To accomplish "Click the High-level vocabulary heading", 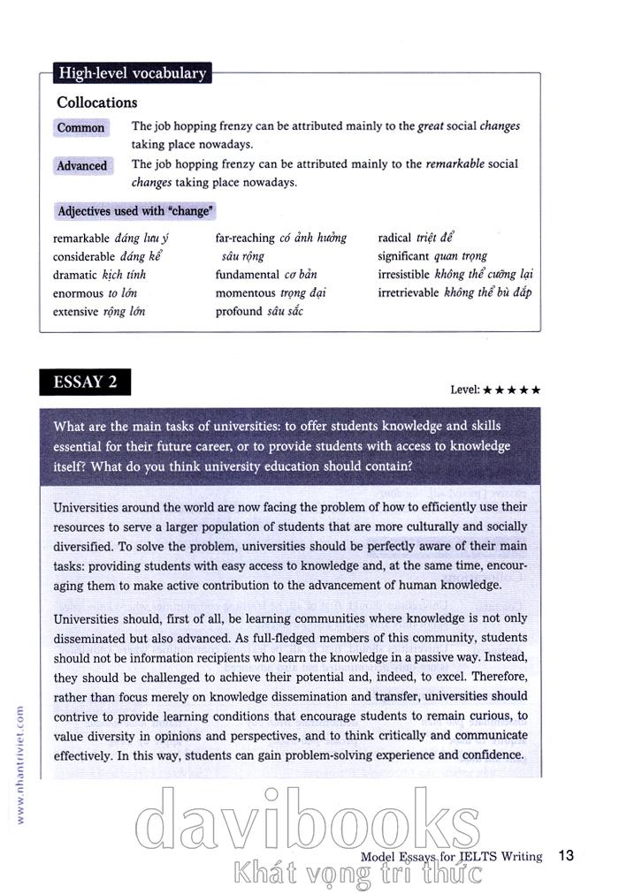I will (x=132, y=73).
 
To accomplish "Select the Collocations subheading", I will (x=97, y=102).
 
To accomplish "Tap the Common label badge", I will (x=81, y=127).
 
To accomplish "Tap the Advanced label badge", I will (x=82, y=165).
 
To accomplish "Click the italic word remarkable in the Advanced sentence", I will (x=455, y=164).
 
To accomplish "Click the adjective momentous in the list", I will (x=245, y=293).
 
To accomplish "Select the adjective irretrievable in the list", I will (x=409, y=293).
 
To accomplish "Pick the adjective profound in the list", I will (x=239, y=312).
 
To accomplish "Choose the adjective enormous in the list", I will (x=78, y=293).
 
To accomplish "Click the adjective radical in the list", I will (x=394, y=238).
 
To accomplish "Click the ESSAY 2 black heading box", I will (x=85, y=383).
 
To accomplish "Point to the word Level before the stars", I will (x=463, y=390).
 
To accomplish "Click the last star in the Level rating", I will (x=536, y=390).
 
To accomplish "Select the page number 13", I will (x=567, y=855).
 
